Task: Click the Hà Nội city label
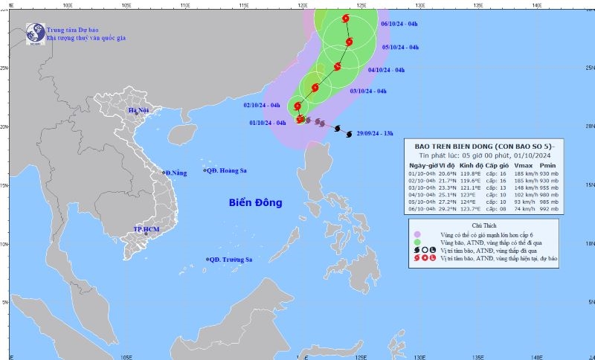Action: [139, 111]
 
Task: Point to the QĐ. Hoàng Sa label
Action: [226, 171]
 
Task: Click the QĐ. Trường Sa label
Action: [231, 260]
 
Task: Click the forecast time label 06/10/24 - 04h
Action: [399, 24]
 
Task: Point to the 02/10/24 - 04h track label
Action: [262, 105]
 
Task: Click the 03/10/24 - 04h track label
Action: [368, 91]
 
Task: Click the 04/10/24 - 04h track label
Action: [386, 70]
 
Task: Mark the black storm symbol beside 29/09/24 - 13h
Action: [350, 134]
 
